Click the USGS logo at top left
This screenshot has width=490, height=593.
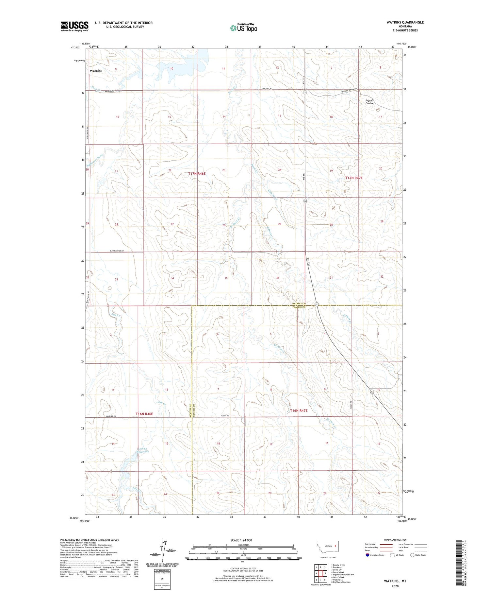click(x=74, y=26)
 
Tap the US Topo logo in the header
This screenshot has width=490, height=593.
click(x=243, y=28)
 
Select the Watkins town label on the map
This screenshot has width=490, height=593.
click(x=96, y=71)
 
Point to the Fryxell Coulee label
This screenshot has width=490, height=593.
click(x=369, y=102)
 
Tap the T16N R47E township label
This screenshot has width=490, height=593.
click(x=299, y=410)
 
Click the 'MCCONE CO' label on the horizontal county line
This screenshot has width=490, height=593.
click(x=299, y=304)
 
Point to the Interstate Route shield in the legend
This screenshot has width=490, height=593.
click(x=367, y=555)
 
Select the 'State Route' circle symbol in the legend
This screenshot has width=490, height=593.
click(x=412, y=555)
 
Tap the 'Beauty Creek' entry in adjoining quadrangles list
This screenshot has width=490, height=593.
click(x=339, y=565)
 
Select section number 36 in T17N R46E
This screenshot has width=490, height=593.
click(x=278, y=278)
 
